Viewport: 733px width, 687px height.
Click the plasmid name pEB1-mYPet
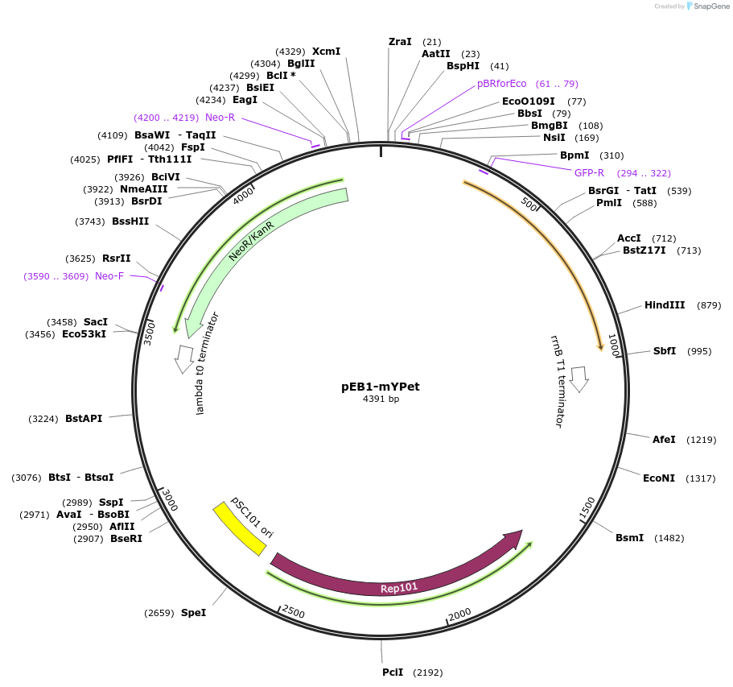381,387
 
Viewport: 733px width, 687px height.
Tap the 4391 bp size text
381,399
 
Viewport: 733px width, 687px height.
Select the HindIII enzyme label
665,305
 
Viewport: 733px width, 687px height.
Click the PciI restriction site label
393,673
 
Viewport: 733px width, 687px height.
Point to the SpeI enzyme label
193,613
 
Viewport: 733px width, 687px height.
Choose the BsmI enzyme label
629,538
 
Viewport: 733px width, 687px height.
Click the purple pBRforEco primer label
501,84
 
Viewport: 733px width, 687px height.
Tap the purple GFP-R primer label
589,173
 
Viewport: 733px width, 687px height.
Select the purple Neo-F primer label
109,276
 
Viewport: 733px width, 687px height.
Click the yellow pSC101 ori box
239,528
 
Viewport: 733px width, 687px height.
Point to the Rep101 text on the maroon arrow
399,588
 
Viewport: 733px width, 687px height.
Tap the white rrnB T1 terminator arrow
579,379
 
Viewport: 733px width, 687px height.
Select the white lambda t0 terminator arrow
184,358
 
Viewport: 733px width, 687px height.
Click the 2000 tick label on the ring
459,615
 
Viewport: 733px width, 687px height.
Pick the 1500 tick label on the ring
587,509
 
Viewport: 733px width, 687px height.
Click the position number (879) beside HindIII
709,305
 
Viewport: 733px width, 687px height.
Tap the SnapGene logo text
708,6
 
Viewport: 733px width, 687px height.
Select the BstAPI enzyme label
84,419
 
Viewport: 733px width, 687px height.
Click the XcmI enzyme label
326,52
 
